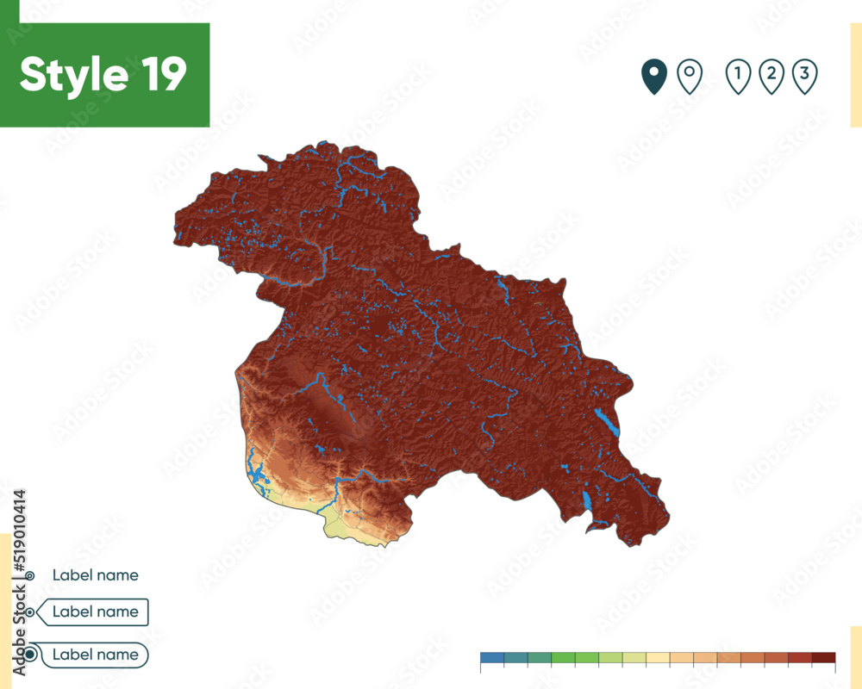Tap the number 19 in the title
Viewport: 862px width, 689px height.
click(x=159, y=75)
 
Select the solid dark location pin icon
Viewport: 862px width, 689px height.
click(x=654, y=77)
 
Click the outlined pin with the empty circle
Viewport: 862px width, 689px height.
click(x=689, y=77)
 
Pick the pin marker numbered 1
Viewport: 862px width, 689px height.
click(x=738, y=76)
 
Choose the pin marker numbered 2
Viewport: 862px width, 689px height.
click(x=771, y=76)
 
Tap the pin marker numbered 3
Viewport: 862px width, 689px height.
click(x=804, y=76)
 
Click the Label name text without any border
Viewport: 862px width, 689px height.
click(x=95, y=574)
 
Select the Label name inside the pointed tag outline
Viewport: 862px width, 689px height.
click(x=95, y=611)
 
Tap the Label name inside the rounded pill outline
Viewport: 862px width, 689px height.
click(x=95, y=655)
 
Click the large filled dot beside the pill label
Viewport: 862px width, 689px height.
click(x=30, y=655)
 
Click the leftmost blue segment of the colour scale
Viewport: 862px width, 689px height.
click(x=492, y=658)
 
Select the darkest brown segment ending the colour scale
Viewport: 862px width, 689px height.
click(x=823, y=658)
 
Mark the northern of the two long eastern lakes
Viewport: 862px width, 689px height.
click(x=606, y=422)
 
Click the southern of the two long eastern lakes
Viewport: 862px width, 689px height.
click(x=587, y=501)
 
